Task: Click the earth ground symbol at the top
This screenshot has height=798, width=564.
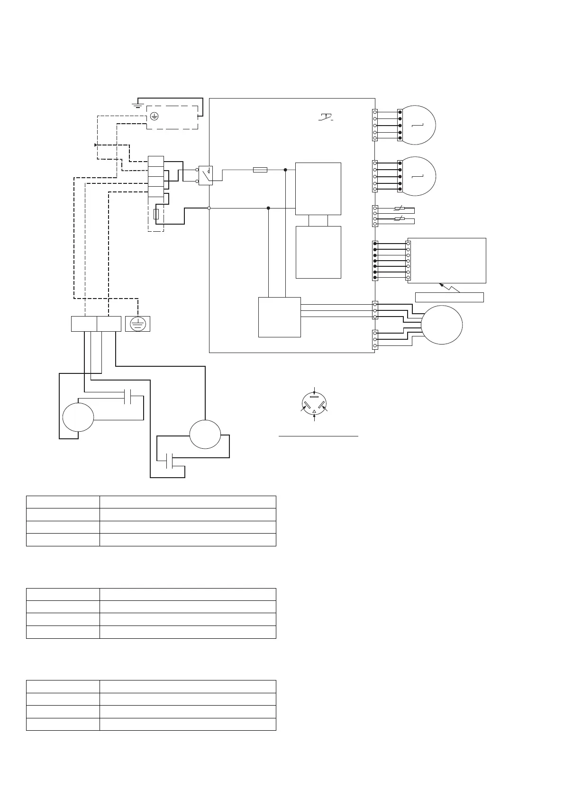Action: click(x=137, y=104)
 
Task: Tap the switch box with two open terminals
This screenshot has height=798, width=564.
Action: click(x=205, y=175)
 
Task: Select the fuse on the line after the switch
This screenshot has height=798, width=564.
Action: click(x=260, y=170)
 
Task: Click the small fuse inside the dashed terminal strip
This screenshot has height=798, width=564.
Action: click(x=156, y=214)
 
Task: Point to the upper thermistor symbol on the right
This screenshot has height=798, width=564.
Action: click(x=399, y=208)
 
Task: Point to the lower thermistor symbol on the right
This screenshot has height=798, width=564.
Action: click(x=399, y=218)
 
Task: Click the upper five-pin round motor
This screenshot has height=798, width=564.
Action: click(x=418, y=125)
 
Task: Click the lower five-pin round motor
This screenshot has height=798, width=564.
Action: click(x=418, y=176)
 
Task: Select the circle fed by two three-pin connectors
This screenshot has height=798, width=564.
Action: click(x=442, y=325)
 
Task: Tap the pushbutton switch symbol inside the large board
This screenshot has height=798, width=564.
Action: click(x=326, y=116)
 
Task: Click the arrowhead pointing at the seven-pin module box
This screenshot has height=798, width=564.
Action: click(x=441, y=285)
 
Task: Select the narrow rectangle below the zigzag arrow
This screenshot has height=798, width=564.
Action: click(x=449, y=297)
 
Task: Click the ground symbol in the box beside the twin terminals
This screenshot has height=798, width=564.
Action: click(x=137, y=324)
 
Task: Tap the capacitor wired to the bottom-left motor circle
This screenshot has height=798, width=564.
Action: click(x=127, y=397)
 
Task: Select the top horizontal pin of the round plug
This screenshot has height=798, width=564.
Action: click(x=314, y=397)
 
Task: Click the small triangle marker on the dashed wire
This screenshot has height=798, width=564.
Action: click(x=96, y=145)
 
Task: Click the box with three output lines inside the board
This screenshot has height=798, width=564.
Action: click(x=280, y=317)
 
